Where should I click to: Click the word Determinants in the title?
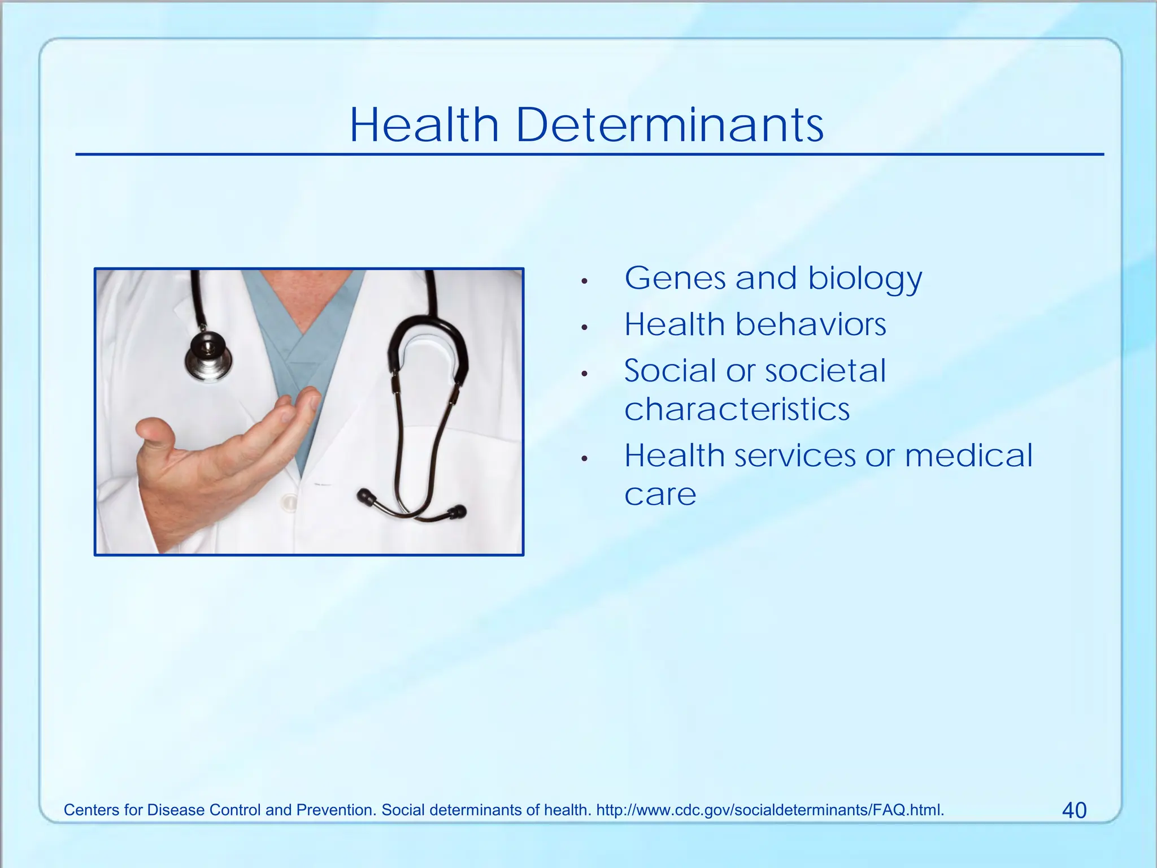point(669,125)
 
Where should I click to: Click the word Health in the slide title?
point(424,125)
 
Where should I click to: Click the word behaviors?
point(810,325)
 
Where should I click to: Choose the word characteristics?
point(737,409)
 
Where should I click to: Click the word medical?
point(968,455)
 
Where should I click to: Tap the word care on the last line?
point(660,495)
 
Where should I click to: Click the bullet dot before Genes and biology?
point(585,281)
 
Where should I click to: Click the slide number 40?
point(1074,810)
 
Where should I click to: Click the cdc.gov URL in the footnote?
point(769,810)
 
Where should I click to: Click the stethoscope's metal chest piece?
point(208,356)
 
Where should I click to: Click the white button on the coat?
point(289,501)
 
